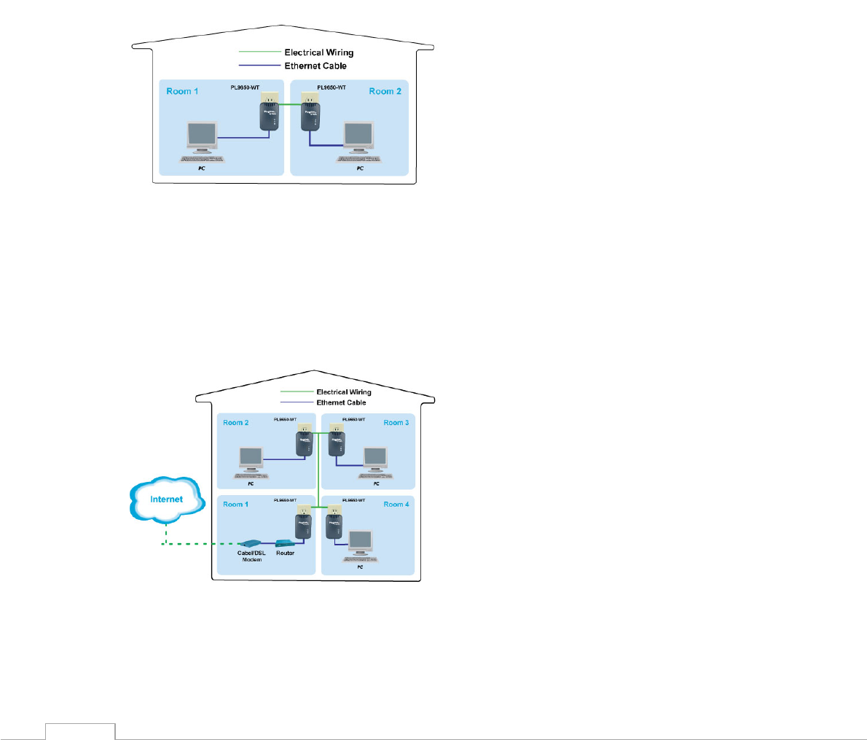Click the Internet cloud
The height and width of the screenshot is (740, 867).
pos(167,499)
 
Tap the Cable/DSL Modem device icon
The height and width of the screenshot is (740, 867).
pos(250,543)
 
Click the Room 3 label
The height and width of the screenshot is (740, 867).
pos(396,423)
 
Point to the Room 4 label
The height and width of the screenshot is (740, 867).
pos(396,505)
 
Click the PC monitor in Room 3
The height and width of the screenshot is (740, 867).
pos(375,457)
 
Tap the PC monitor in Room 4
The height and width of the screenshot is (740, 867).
pos(360,540)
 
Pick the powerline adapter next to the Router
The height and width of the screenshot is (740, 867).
pos(304,525)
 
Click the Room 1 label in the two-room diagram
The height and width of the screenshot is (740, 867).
pos(182,91)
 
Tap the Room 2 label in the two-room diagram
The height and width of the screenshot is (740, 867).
pos(385,91)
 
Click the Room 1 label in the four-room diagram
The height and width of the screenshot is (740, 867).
pos(235,505)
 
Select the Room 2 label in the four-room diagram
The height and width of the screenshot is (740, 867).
pos(235,423)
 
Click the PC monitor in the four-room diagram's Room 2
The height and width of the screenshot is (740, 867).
pos(251,457)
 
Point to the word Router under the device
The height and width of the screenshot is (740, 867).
pos(285,553)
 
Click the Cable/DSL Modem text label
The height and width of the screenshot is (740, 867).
pos(251,556)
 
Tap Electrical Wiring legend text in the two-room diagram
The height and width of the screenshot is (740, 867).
pos(318,52)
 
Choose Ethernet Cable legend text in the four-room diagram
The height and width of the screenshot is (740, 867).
pos(341,402)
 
